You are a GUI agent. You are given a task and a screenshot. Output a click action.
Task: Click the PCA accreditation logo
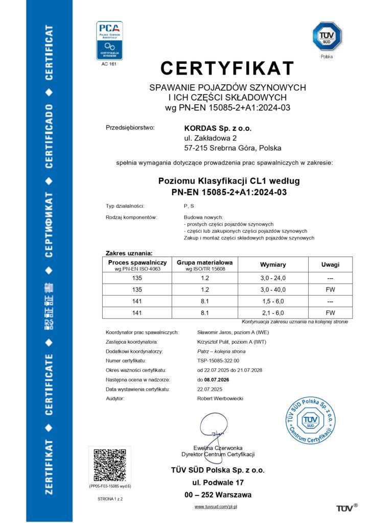point(109,40)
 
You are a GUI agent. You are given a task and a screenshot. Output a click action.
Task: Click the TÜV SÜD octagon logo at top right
point(327,37)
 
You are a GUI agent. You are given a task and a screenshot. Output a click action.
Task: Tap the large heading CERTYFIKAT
point(227,68)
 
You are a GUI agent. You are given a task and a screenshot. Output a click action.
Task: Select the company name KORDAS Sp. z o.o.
point(218,128)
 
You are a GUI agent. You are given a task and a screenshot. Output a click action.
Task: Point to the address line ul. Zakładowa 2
point(211,138)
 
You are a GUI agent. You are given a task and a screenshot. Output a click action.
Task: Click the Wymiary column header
point(273,265)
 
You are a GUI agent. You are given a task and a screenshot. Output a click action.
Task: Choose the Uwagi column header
point(330,265)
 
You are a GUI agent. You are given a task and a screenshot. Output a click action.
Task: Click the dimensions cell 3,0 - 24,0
point(273,278)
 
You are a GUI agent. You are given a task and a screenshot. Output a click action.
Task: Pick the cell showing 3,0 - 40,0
point(273,289)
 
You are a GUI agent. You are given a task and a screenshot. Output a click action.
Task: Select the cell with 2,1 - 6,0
point(273,313)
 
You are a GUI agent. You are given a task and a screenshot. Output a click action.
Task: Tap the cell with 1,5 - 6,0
point(273,301)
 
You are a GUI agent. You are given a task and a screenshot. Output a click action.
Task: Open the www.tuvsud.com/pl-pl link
point(216,506)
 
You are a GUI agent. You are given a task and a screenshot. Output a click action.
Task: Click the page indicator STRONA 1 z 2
point(110,497)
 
